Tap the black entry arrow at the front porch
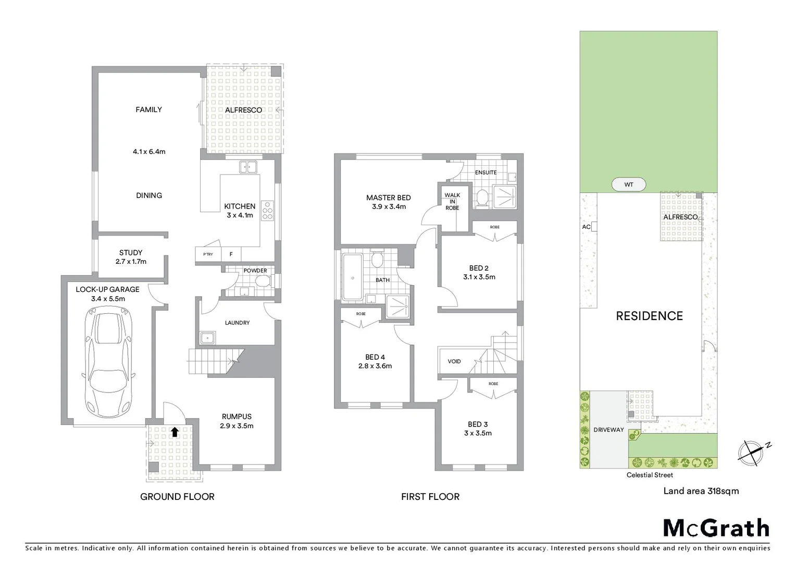(175, 432)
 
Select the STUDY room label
(131, 253)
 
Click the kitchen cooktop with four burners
(268, 210)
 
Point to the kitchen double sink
(248, 167)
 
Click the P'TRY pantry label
(208, 254)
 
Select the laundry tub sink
(207, 338)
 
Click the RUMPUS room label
(237, 417)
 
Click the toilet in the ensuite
(482, 198)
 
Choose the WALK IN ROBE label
(452, 202)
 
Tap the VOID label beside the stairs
(454, 361)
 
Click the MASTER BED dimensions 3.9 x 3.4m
(389, 207)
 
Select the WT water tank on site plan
(628, 185)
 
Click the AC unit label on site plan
(586, 227)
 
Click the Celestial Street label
(650, 475)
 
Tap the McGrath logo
(716, 528)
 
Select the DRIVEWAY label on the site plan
(608, 430)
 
